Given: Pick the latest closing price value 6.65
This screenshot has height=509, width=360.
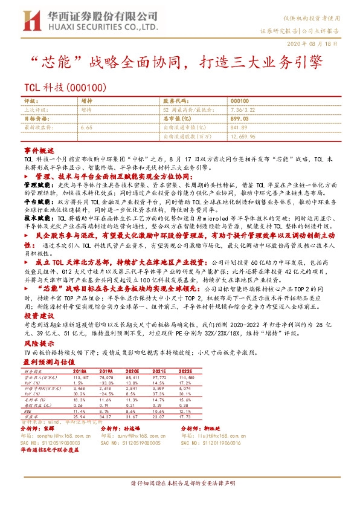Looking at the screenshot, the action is click(86, 128).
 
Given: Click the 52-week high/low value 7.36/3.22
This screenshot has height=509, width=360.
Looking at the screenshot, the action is click(243, 110).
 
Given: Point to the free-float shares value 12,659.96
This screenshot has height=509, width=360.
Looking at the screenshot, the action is click(243, 137).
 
